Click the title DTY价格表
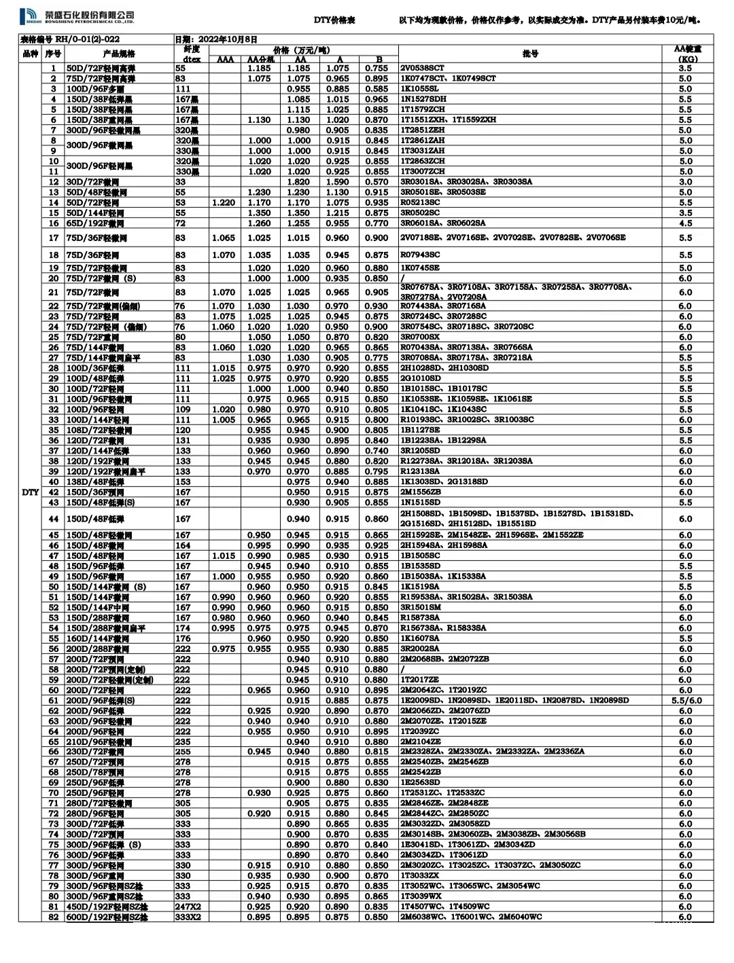coord(334,21)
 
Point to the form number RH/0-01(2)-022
coord(71,40)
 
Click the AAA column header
coord(225,60)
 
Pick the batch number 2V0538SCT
coord(422,68)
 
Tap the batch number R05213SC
coord(420,202)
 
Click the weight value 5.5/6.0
coord(686,700)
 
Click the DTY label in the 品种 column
coord(30,492)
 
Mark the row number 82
coord(54,917)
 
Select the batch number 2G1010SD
coord(421,378)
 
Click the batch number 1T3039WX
coord(421,896)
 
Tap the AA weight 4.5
coord(685,223)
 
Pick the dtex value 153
coord(183,482)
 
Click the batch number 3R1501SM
coord(421,608)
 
